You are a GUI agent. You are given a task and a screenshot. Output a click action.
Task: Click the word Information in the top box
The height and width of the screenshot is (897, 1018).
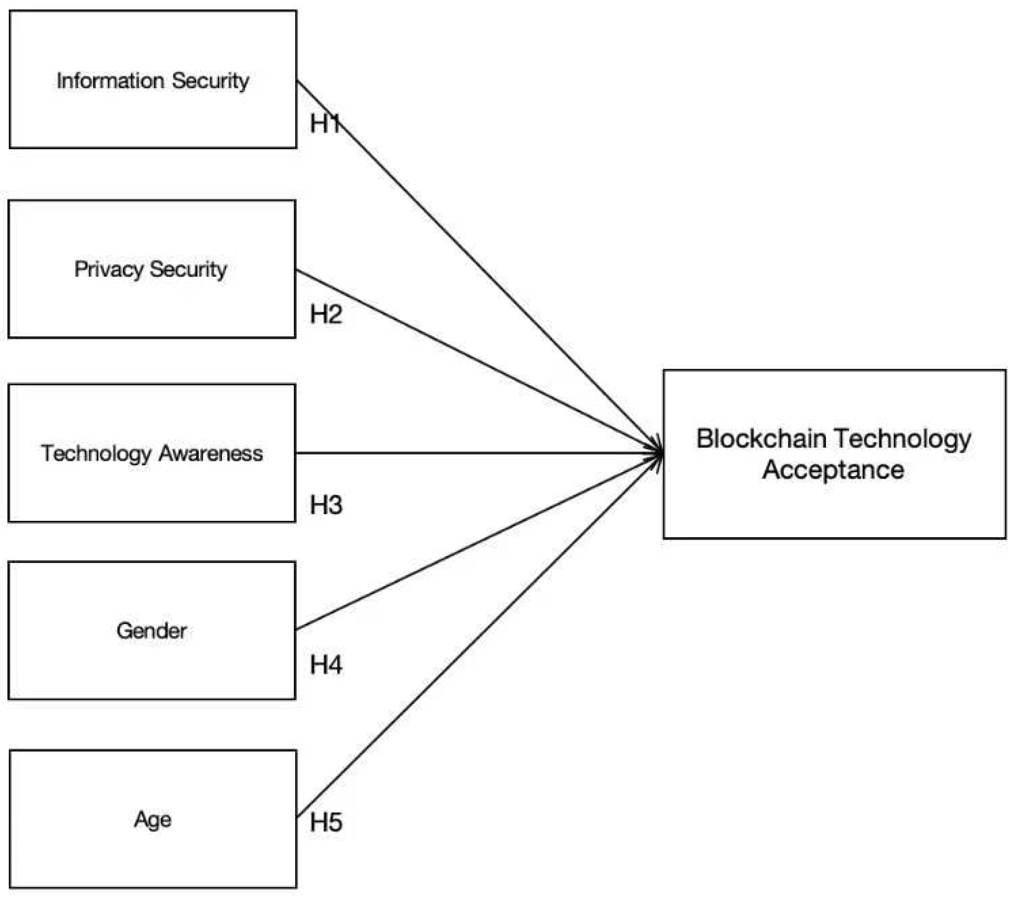pyautogui.click(x=110, y=81)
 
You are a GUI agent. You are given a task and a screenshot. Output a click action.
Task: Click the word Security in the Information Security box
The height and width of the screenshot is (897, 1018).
pyautogui.click(x=211, y=81)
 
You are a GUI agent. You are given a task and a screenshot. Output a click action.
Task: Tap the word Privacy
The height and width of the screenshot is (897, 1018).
pyautogui.click(x=109, y=270)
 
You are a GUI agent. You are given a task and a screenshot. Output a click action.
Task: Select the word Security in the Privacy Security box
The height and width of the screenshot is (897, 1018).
pyautogui.click(x=188, y=270)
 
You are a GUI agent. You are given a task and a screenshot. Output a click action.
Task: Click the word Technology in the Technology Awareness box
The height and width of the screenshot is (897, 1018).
pyautogui.click(x=96, y=453)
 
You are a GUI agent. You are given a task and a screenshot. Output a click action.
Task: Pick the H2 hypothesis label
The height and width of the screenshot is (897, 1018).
pyautogui.click(x=326, y=314)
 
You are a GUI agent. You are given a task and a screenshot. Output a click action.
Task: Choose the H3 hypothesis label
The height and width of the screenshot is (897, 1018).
pyautogui.click(x=326, y=505)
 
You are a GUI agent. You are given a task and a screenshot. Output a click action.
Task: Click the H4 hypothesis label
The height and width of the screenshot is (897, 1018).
pyautogui.click(x=326, y=665)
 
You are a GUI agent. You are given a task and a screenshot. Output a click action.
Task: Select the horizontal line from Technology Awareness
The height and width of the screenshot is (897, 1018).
pyautogui.click(x=473, y=453)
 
